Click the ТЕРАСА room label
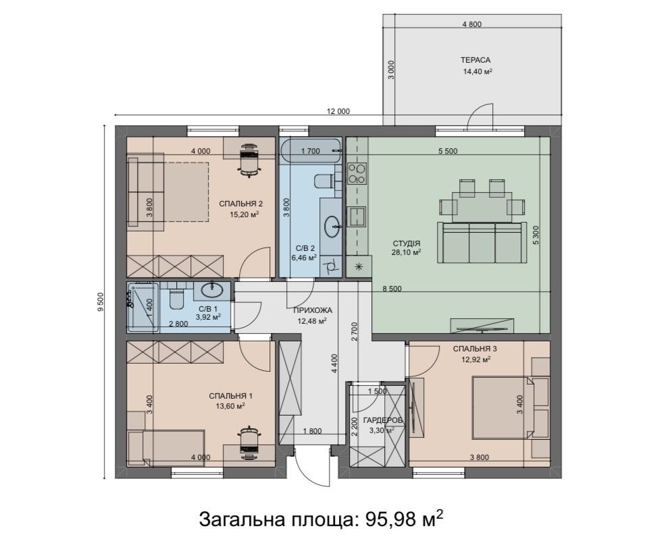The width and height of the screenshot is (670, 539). (475, 60)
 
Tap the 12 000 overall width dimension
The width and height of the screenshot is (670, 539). (338, 111)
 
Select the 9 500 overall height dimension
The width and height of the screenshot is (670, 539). (101, 302)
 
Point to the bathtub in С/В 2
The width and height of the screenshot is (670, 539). (311, 151)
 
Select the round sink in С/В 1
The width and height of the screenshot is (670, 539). (211, 290)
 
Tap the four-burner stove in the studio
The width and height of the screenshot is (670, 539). (357, 173)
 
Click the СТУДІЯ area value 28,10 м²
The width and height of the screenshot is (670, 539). (407, 252)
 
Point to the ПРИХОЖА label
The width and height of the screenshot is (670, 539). (312, 310)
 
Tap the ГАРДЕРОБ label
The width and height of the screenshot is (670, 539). (382, 420)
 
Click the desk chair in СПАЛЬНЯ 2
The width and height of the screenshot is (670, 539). (249, 160)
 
